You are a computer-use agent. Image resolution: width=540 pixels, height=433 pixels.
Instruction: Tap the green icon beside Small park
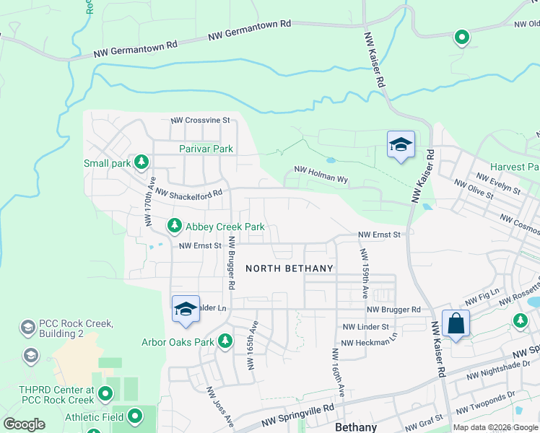(x=142, y=162)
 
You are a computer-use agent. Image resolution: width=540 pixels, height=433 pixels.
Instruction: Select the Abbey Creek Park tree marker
(x=174, y=226)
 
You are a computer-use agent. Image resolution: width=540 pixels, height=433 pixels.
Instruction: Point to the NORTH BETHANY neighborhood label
(x=289, y=268)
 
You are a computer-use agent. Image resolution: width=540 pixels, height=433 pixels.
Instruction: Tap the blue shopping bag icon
(x=456, y=324)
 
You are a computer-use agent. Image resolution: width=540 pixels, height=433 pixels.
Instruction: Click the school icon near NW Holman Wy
(x=400, y=144)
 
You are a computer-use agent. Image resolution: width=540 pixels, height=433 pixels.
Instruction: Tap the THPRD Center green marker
(x=106, y=394)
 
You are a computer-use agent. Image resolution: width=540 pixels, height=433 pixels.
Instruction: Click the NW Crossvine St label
(x=200, y=121)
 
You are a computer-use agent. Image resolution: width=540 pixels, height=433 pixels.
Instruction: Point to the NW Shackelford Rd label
(x=188, y=193)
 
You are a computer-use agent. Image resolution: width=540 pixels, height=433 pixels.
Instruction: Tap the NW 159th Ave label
(x=364, y=274)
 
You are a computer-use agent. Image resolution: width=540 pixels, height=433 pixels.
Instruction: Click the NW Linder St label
(x=367, y=327)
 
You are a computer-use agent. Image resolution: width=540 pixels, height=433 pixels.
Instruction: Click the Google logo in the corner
(x=24, y=424)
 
